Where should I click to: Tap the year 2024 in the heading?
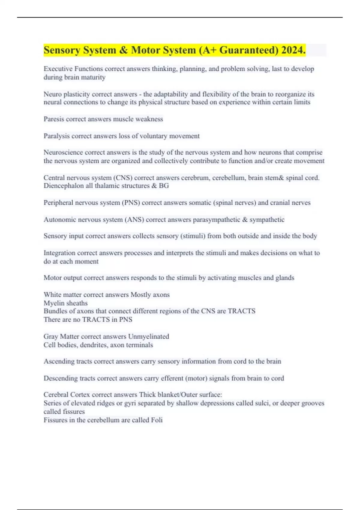[x=293, y=50]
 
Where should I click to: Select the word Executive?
[x=58, y=69]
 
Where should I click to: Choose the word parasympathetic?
[x=216, y=220]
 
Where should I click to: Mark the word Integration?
[x=59, y=253]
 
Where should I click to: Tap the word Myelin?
[x=53, y=303]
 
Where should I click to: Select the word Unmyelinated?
[x=148, y=337]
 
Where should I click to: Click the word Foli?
[x=157, y=420]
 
